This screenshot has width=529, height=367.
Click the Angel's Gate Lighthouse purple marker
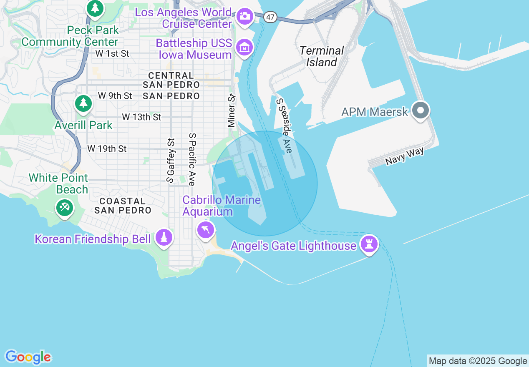click(369, 244)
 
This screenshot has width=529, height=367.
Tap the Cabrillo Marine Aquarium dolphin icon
click(205, 230)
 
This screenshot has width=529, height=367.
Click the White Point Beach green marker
click(64, 207)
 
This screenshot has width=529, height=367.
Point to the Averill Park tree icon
click(83, 103)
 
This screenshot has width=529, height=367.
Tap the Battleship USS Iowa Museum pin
click(244, 48)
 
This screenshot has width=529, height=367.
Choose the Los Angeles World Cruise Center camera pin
click(244, 17)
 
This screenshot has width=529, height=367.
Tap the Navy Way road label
click(404, 156)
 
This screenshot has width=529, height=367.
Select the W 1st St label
click(112, 53)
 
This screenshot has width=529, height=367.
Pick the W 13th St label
click(141, 117)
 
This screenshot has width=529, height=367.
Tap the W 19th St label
click(107, 148)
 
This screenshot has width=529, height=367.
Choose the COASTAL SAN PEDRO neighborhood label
click(123, 206)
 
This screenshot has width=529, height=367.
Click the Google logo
click(28, 357)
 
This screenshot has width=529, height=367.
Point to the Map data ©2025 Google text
click(478, 361)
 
